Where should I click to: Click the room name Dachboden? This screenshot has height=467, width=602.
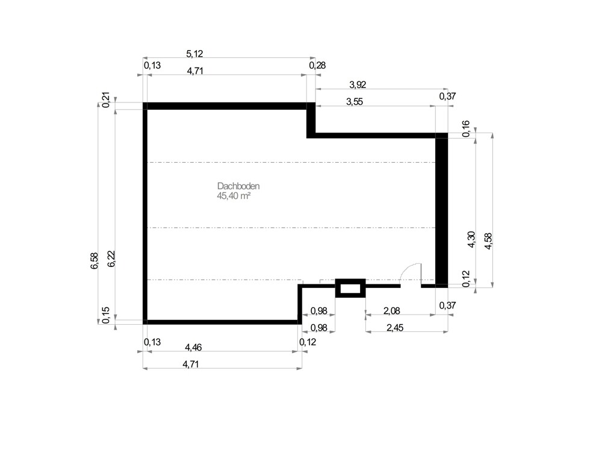pyautogui.click(x=238, y=187)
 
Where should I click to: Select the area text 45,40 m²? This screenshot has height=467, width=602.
pyautogui.click(x=234, y=196)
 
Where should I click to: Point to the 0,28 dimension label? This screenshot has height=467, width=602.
pyautogui.click(x=317, y=65)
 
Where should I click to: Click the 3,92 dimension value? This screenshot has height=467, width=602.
pyautogui.click(x=358, y=84)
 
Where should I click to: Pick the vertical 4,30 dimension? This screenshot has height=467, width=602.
pyautogui.click(x=471, y=239)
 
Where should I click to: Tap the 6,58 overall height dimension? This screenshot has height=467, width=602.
pyautogui.click(x=95, y=261)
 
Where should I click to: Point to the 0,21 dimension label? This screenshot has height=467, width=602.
pyautogui.click(x=106, y=99)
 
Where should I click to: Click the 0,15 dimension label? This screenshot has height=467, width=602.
pyautogui.click(x=106, y=316)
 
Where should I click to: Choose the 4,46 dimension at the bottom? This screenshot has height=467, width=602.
pyautogui.click(x=194, y=347)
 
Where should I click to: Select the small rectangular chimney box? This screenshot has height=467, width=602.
pyautogui.click(x=350, y=287)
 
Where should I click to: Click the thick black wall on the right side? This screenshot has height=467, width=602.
pyautogui.click(x=441, y=211)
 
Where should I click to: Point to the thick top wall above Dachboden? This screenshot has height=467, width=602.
pyautogui.click(x=226, y=106)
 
